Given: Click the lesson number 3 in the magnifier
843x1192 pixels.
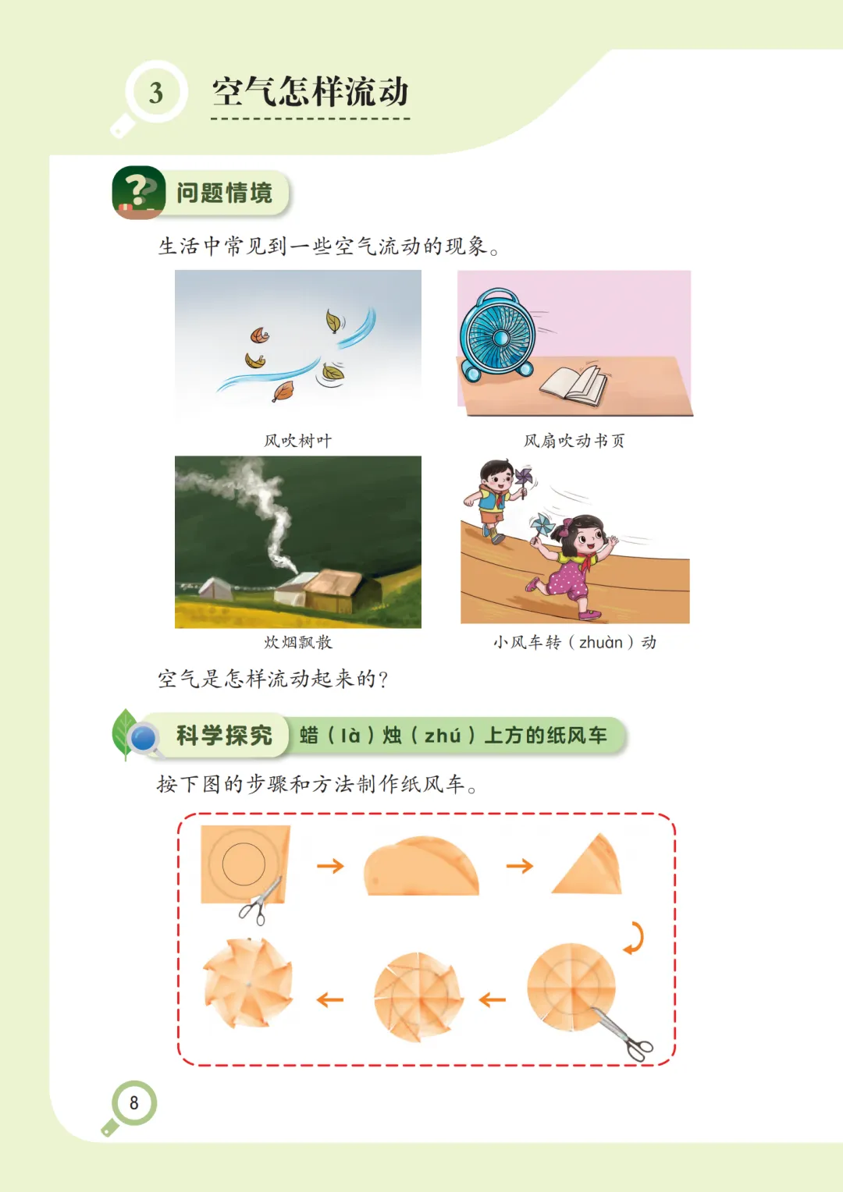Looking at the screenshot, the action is [x=156, y=93].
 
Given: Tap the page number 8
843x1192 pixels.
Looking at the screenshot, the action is [x=133, y=1102].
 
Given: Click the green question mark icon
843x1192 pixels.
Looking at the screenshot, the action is [x=138, y=192].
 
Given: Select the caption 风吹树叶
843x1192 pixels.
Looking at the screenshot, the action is [x=297, y=441].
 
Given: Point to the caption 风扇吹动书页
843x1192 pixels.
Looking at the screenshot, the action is [x=574, y=441].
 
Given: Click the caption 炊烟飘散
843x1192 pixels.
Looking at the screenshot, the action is [x=298, y=642].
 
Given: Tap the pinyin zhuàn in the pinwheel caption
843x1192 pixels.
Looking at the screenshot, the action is [x=601, y=643].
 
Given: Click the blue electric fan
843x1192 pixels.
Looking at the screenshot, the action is [x=499, y=335].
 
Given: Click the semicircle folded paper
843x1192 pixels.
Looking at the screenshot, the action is [x=421, y=867].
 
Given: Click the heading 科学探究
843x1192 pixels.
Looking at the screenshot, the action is [x=224, y=736].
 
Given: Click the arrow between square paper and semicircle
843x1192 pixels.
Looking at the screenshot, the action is [x=330, y=866].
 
